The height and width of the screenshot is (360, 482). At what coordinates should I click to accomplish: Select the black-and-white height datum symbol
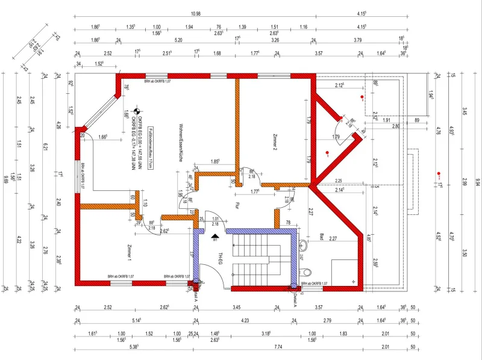coord(136,110)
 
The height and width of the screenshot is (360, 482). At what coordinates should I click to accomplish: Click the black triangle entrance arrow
coord(215,236)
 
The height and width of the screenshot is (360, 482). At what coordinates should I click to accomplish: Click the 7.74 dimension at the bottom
coord(278,347)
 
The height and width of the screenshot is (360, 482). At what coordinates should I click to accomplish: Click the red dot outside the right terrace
coord(439,175)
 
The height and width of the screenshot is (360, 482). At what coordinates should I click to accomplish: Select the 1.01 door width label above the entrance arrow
coord(215,219)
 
